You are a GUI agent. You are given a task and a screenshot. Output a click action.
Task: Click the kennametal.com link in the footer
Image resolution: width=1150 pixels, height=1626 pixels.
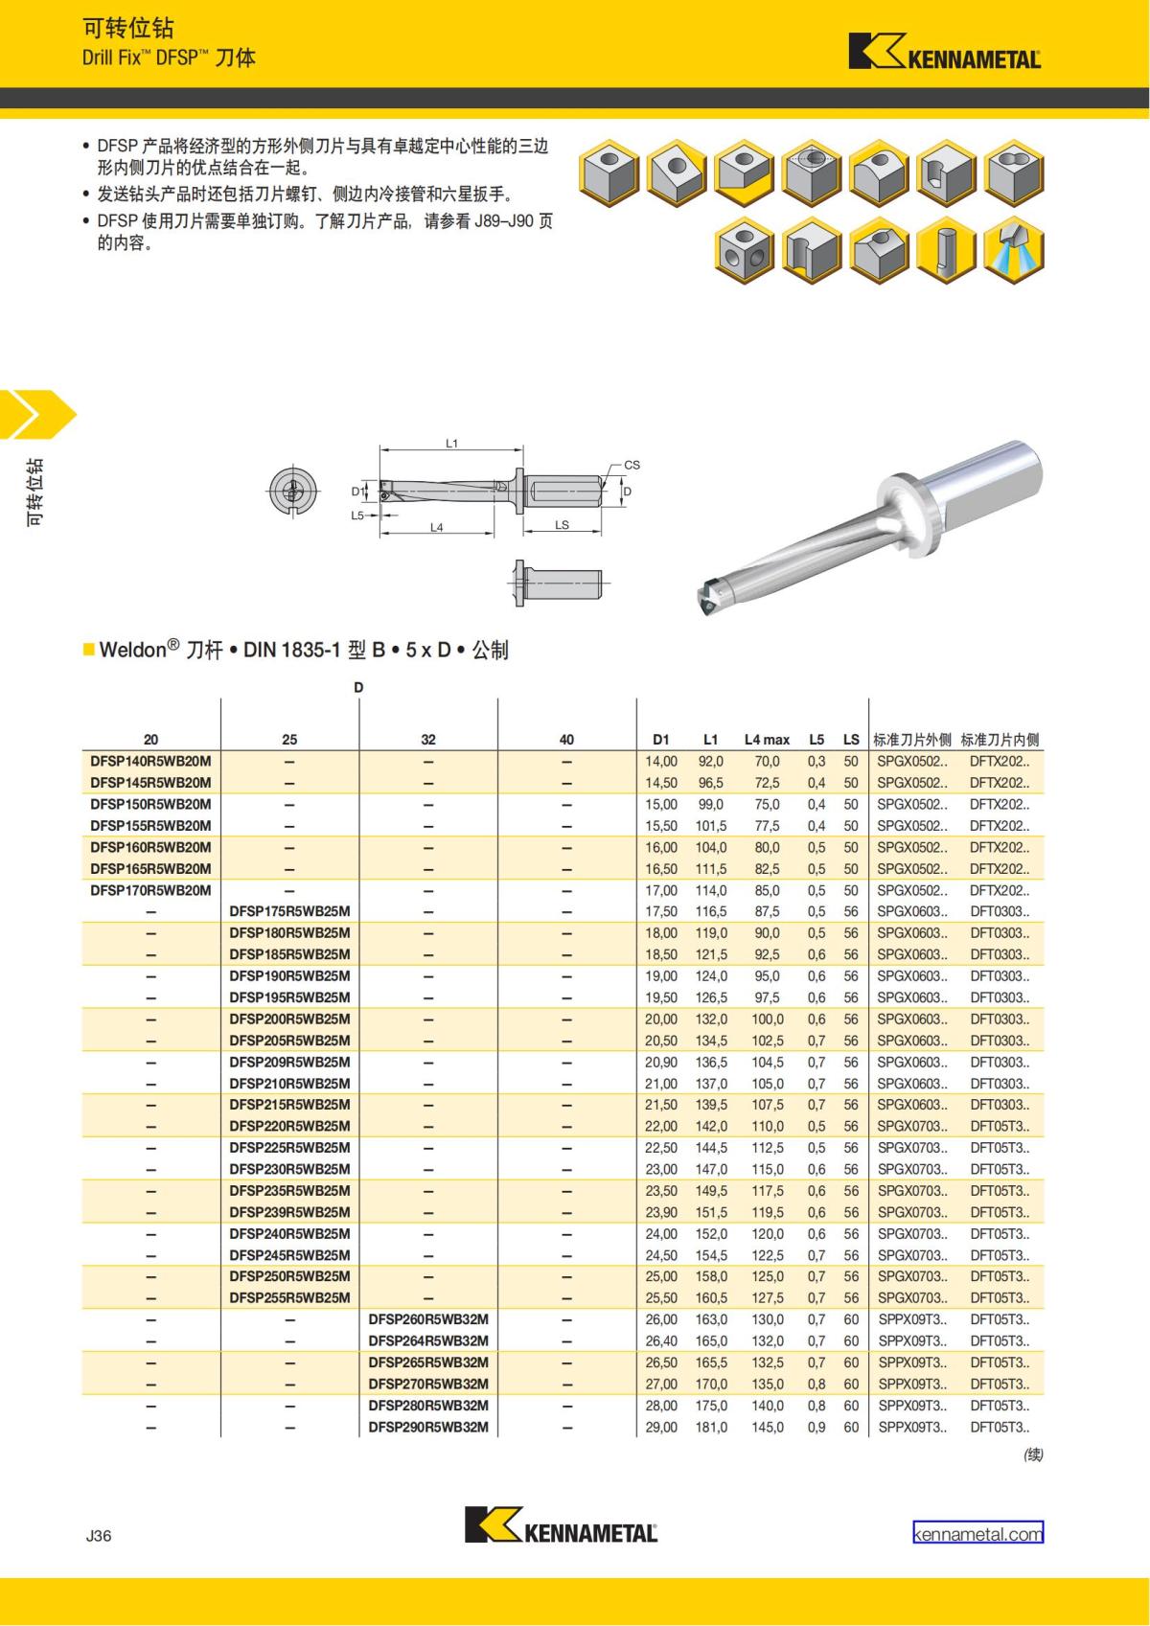click(x=977, y=1534)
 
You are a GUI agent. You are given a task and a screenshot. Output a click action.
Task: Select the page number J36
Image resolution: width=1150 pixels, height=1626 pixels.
click(x=99, y=1535)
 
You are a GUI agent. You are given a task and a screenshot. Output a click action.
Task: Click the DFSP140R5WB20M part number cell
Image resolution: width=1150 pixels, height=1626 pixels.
click(x=151, y=761)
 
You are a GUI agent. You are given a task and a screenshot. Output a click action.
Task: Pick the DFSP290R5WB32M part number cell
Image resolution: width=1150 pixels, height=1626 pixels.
click(x=428, y=1427)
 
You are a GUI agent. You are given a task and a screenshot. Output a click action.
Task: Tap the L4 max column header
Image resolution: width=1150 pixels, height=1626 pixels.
click(x=767, y=740)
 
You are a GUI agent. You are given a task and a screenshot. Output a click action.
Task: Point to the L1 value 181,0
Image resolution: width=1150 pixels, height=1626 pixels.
click(x=711, y=1427)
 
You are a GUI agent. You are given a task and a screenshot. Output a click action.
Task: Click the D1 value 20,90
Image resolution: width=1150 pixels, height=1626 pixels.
click(x=660, y=1062)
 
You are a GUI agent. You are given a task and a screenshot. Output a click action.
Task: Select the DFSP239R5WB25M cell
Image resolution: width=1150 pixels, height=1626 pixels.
click(x=289, y=1212)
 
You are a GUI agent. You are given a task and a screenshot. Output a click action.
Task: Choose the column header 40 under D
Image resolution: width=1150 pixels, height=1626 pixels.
click(x=566, y=740)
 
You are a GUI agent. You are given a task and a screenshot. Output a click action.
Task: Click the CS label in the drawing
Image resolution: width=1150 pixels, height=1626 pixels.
click(x=632, y=465)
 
